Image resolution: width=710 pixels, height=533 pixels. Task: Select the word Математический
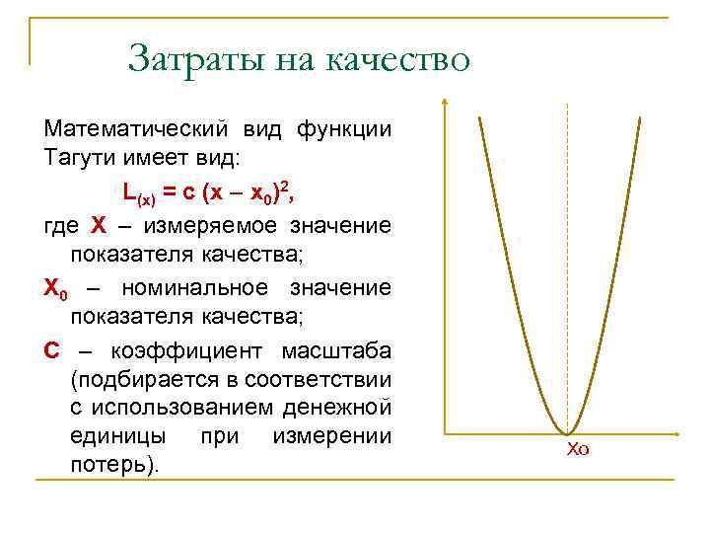click(136, 129)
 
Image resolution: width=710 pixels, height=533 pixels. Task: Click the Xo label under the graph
click(578, 450)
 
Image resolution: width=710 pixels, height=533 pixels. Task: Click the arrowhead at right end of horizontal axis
click(677, 432)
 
